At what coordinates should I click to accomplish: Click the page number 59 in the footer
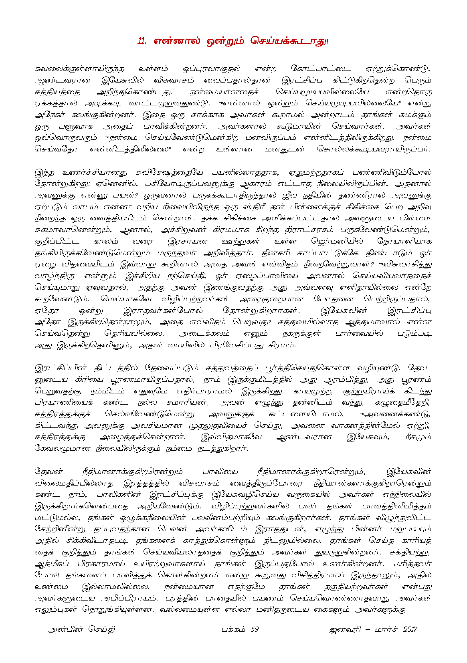[x=254, y=629]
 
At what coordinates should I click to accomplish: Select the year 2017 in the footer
[x=410, y=629]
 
